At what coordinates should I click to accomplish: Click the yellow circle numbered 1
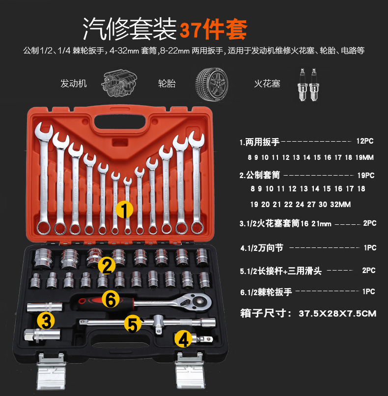[124, 210]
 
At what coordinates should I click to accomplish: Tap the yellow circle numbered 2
[107, 266]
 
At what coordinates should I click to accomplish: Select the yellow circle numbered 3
[46, 321]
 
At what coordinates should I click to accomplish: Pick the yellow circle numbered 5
[133, 324]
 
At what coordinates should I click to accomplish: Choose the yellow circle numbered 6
[111, 299]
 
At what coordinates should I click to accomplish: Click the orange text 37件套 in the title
[213, 30]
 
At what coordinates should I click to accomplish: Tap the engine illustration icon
[119, 84]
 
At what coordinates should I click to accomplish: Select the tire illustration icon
[212, 84]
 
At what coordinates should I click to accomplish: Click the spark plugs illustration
[308, 85]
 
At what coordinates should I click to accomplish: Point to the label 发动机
[74, 83]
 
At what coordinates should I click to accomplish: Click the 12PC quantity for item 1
[365, 141]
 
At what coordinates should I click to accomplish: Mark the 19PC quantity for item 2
[366, 175]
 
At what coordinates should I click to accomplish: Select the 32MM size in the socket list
[340, 204]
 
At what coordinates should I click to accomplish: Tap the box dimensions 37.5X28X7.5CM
[337, 313]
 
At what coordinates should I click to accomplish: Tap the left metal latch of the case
[51, 370]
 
